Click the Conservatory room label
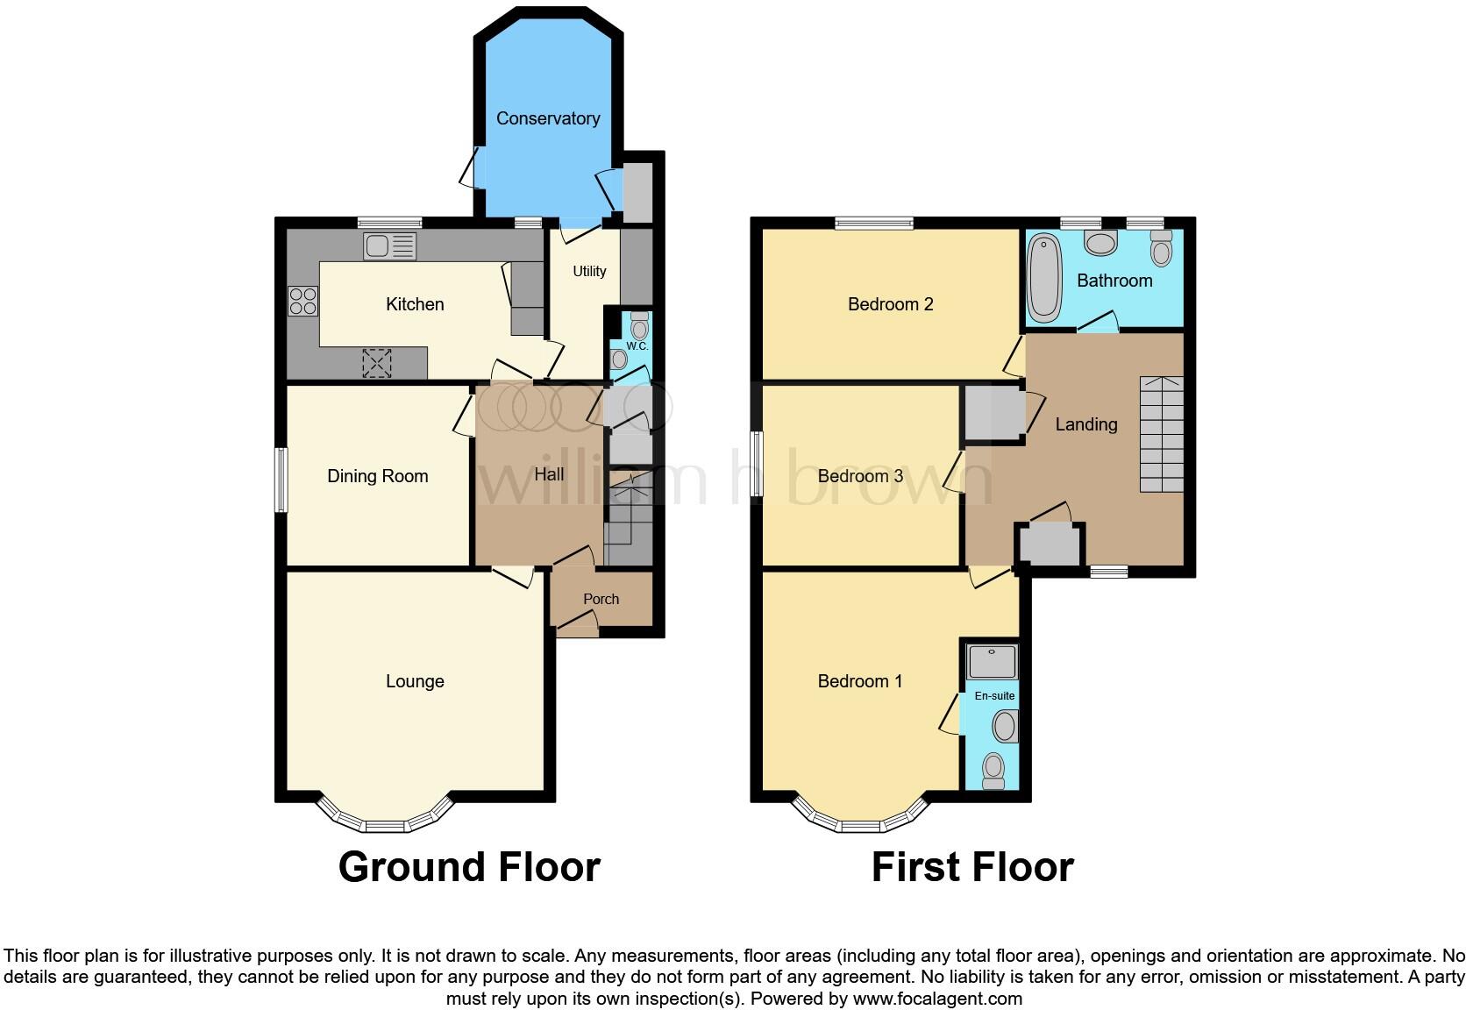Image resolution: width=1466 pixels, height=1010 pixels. point(548,118)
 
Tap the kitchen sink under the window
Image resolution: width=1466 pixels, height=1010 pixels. point(389,246)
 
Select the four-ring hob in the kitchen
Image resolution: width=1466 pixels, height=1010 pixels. point(303,302)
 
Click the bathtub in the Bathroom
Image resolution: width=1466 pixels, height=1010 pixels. point(1044,277)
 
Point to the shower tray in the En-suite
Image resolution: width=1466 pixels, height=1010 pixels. point(992,661)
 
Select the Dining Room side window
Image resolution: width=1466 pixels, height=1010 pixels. point(281,480)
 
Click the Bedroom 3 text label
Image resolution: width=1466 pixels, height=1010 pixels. point(860,476)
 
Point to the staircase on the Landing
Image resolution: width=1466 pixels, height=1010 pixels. point(1162,434)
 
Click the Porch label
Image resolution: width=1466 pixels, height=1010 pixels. point(601,599)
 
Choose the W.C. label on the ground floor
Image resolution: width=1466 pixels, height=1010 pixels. point(637,346)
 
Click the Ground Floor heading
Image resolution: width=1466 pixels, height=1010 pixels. point(469,867)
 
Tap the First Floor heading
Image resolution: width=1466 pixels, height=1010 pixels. point(972,867)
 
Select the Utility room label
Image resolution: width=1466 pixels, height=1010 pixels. point(589,271)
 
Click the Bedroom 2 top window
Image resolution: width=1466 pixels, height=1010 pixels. point(874,224)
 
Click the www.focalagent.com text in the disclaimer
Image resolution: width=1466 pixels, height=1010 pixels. point(937,999)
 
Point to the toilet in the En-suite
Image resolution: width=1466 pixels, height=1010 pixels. point(993,769)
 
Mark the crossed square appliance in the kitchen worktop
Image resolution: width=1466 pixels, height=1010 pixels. point(377,363)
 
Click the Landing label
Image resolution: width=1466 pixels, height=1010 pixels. point(1086,424)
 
